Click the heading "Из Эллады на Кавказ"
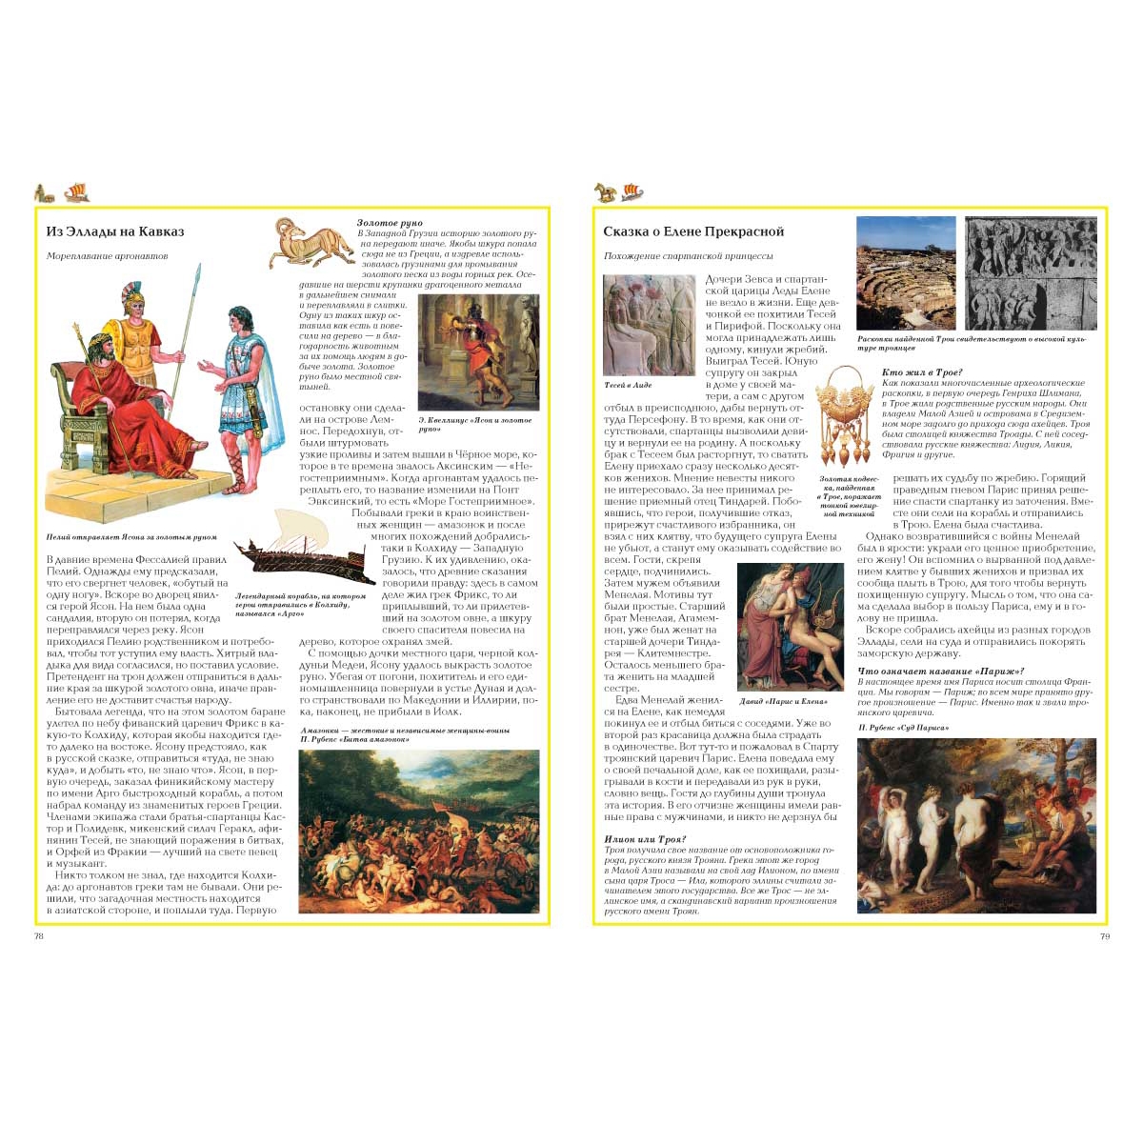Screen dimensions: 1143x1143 (115, 231)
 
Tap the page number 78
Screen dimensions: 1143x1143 (39, 936)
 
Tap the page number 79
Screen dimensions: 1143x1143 (1104, 936)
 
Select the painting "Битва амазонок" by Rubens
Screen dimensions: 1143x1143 (419, 832)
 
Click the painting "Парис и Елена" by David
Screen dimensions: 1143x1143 (790, 626)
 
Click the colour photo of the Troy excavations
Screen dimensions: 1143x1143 (906, 272)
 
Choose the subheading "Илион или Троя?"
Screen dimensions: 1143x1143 (645, 839)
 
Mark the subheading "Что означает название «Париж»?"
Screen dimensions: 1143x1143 (941, 672)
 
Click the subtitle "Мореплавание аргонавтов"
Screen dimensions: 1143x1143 (108, 256)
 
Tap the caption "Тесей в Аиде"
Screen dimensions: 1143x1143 (628, 385)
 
